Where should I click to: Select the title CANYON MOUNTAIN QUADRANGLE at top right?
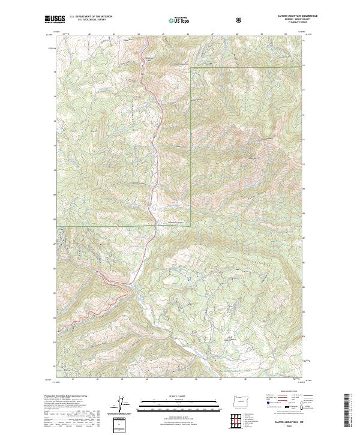tap(284, 16)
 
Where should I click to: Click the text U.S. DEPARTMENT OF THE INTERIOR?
tap(90, 17)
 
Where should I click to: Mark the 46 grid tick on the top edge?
tap(188, 34)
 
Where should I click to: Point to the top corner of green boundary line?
tap(191, 68)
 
